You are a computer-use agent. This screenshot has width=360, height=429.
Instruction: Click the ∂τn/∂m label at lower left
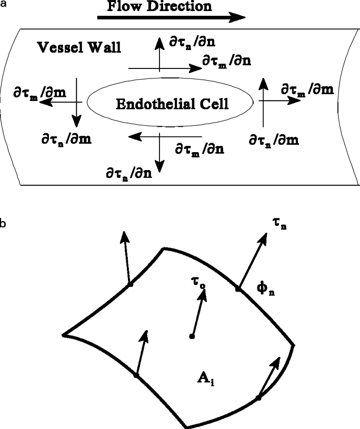tap(66, 139)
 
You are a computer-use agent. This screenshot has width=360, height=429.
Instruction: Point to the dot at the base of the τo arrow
tap(192, 336)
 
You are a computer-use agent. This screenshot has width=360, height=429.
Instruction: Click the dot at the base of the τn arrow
tap(238, 289)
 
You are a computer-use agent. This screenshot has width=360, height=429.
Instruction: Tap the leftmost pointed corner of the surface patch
tap(63, 334)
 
